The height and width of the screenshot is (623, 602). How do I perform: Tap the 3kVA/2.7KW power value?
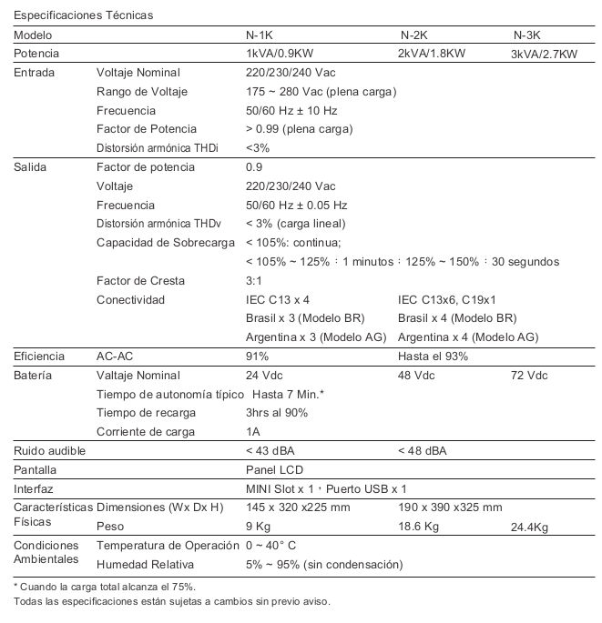click(x=544, y=54)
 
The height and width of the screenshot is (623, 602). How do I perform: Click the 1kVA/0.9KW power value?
click(x=283, y=54)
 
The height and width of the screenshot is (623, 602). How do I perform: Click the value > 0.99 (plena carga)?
click(x=299, y=129)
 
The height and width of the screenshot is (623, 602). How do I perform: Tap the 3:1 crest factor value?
click(x=255, y=281)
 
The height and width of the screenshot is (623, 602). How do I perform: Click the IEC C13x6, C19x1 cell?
click(x=446, y=299)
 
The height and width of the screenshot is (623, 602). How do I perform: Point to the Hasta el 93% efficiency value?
click(x=434, y=357)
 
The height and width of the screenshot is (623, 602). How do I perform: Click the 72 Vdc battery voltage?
click(x=530, y=376)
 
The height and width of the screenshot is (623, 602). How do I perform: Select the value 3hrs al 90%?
click(x=277, y=413)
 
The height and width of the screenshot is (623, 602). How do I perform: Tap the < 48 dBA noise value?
click(x=423, y=450)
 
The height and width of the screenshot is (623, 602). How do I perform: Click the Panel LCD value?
click(x=274, y=470)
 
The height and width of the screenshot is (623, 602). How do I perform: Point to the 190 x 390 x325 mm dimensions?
click(x=450, y=507)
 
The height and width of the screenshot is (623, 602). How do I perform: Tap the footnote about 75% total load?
click(x=105, y=588)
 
